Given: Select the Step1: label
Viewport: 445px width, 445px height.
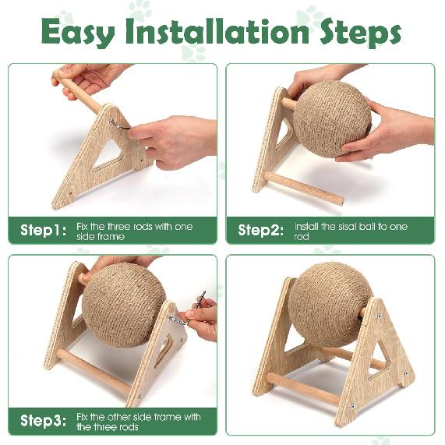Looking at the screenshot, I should point(43,230).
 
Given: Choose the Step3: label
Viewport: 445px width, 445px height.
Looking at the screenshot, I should point(43,421).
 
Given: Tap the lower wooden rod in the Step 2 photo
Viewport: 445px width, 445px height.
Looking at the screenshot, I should point(304,189).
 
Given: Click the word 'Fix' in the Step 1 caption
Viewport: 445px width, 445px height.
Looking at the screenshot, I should point(84,226).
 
